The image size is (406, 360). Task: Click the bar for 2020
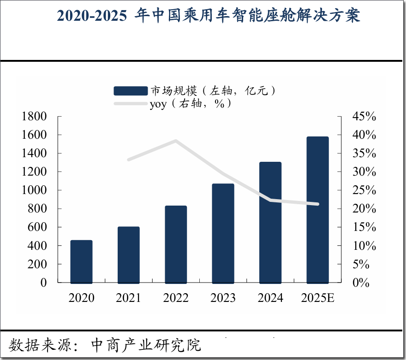point(81,261)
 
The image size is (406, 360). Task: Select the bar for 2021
point(128,255)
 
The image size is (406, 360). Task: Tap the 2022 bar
point(176,244)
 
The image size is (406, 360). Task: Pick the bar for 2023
point(223,233)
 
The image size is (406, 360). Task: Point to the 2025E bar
point(317,210)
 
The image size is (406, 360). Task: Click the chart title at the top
point(208,16)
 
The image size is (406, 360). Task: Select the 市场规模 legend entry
point(196,90)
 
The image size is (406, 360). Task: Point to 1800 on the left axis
point(34,117)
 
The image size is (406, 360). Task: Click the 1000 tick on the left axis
point(34,190)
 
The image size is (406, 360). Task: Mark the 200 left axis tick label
point(37,265)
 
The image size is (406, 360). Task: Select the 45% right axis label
point(364,117)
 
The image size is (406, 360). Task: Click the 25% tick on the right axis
point(364,190)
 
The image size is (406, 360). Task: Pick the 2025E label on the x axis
point(317,298)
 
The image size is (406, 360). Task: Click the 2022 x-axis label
point(176,298)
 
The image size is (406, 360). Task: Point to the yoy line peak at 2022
point(176,141)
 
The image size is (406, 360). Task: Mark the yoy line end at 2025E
point(317,204)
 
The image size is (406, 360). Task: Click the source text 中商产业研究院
point(146,345)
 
